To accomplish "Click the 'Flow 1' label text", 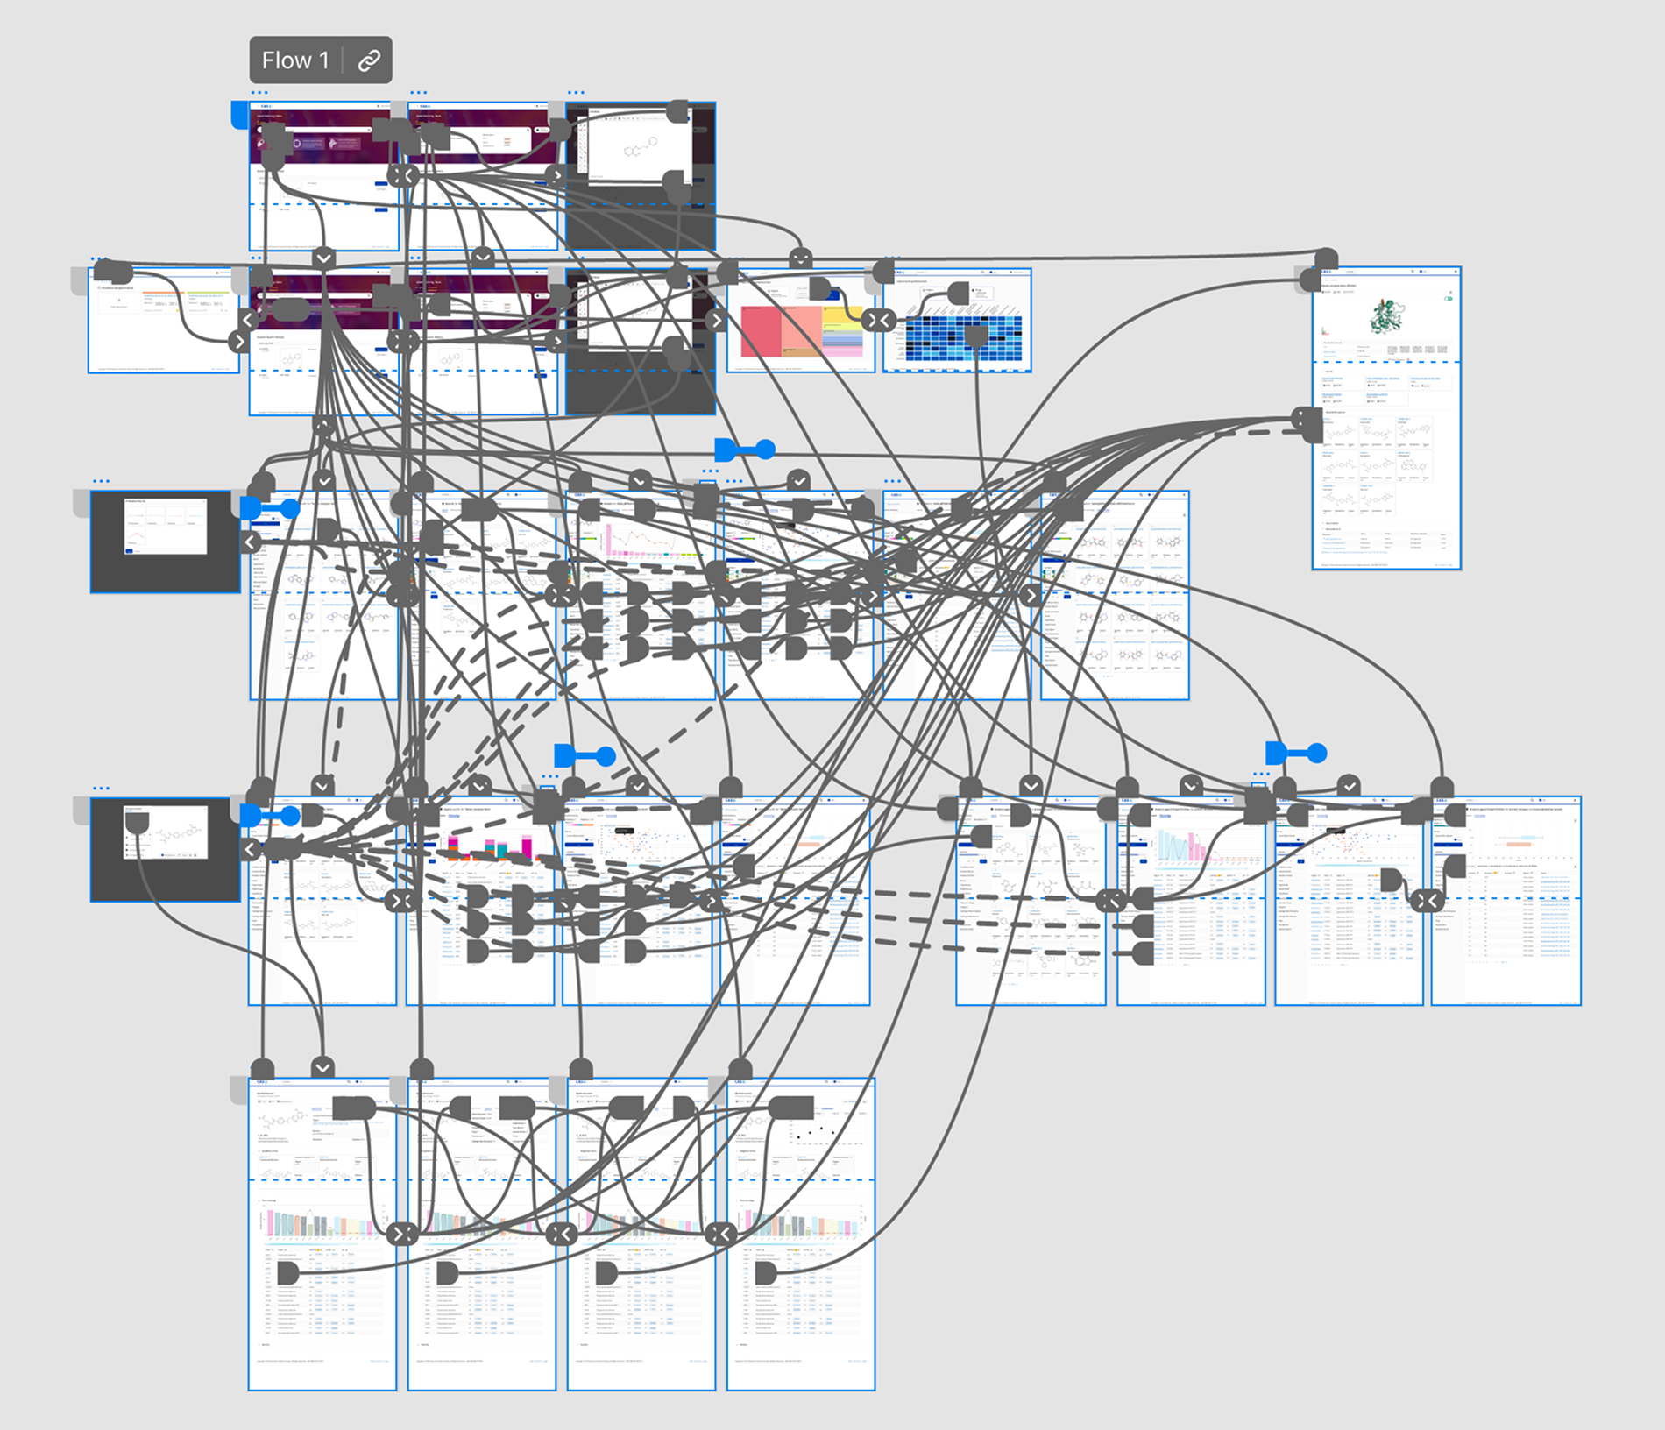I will pyautogui.click(x=294, y=60).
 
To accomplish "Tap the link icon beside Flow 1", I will pyautogui.click(x=369, y=60).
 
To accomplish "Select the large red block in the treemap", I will pyautogui.click(x=761, y=331).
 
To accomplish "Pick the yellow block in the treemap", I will pyautogui.click(x=843, y=316).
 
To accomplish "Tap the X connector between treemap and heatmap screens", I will pyautogui.click(x=878, y=321).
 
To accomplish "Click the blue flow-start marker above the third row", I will pyautogui.click(x=745, y=450).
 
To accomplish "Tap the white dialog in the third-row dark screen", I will pyautogui.click(x=166, y=526).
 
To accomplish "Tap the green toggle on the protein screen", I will pyautogui.click(x=1448, y=299).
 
